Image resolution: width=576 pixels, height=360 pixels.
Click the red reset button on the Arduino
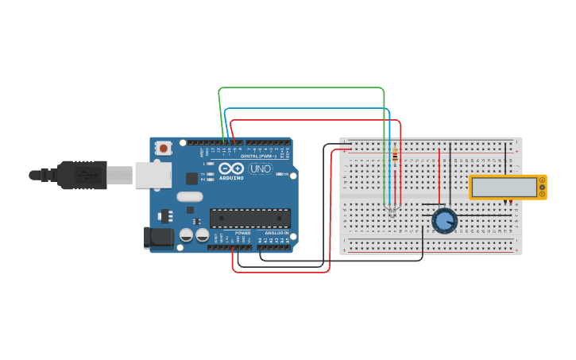coord(164,147)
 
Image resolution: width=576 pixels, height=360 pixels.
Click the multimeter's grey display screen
coord(504,187)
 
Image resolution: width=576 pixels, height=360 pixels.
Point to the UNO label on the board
coord(260,168)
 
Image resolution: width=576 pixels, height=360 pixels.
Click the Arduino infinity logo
coord(231,168)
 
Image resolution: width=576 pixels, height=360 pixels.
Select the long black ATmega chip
coord(249,217)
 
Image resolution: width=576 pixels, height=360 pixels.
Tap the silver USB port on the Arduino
coord(153,175)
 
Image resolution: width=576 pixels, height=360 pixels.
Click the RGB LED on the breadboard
coord(391,209)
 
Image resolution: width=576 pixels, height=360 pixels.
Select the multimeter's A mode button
coord(543,180)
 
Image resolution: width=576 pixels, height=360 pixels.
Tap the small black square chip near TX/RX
coord(191,179)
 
